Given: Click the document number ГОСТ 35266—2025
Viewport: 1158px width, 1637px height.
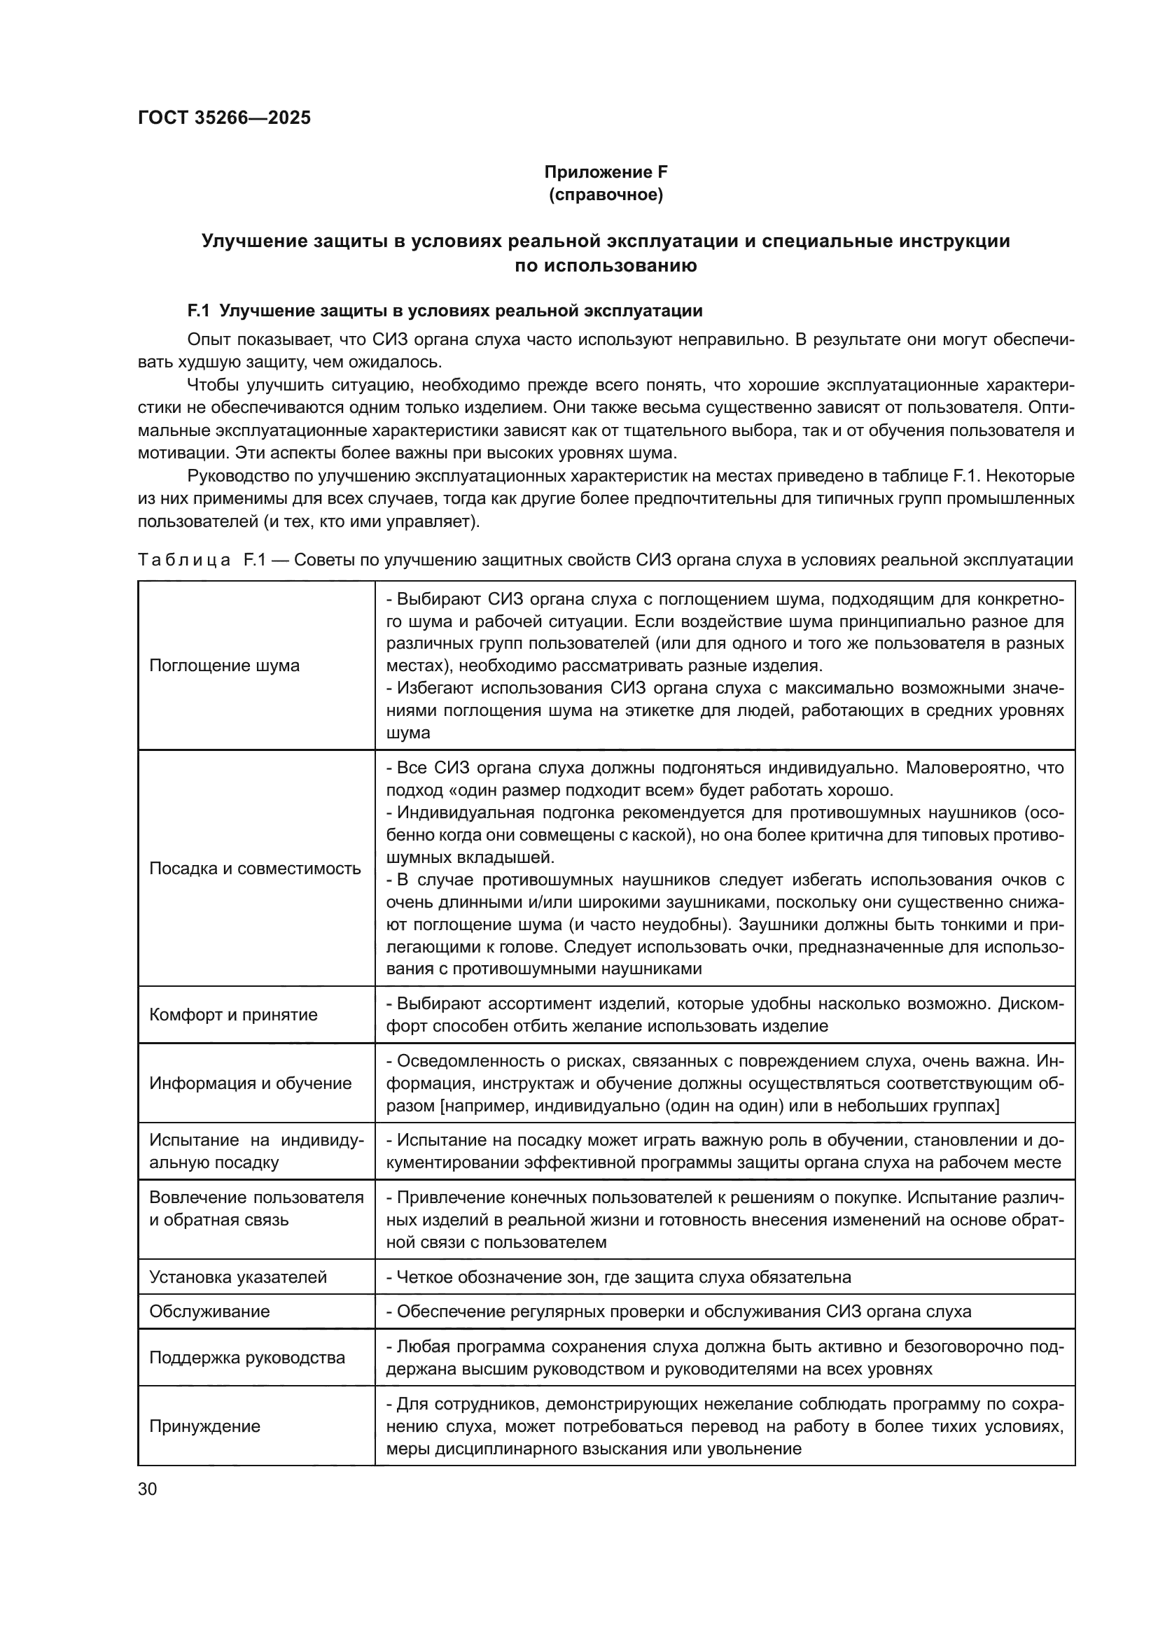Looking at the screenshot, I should pyautogui.click(x=224, y=118).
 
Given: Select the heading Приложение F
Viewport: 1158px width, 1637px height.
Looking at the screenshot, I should pyautogui.click(x=606, y=172).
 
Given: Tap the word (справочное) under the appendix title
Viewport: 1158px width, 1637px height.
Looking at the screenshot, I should pyautogui.click(x=606, y=195).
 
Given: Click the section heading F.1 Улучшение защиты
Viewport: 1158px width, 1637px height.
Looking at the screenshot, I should pyautogui.click(x=445, y=311).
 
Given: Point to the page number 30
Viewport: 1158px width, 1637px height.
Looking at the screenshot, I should pyautogui.click(x=147, y=1489).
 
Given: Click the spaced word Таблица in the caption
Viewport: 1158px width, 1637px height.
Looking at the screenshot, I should pyautogui.click(x=184, y=560).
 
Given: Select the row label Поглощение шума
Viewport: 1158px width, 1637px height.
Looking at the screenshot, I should pyautogui.click(x=224, y=665).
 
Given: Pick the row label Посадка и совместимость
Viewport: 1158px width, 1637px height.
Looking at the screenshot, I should pyautogui.click(x=255, y=869).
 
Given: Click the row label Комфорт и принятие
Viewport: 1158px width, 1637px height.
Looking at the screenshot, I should pyautogui.click(x=233, y=1015).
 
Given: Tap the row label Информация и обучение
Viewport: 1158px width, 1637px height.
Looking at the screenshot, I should pyautogui.click(x=250, y=1083).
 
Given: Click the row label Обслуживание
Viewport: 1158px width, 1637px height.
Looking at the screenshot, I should pyautogui.click(x=209, y=1311).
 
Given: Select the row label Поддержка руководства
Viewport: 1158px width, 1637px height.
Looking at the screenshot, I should pyautogui.click(x=246, y=1358).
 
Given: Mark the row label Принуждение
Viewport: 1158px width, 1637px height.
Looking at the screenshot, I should pyautogui.click(x=204, y=1426).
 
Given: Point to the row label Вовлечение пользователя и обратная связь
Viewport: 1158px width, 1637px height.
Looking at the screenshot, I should pyautogui.click(x=256, y=1209).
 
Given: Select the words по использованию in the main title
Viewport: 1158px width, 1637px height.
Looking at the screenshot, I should pyautogui.click(x=606, y=267).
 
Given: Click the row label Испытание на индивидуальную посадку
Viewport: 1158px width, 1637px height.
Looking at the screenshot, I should pyautogui.click(x=256, y=1151).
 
